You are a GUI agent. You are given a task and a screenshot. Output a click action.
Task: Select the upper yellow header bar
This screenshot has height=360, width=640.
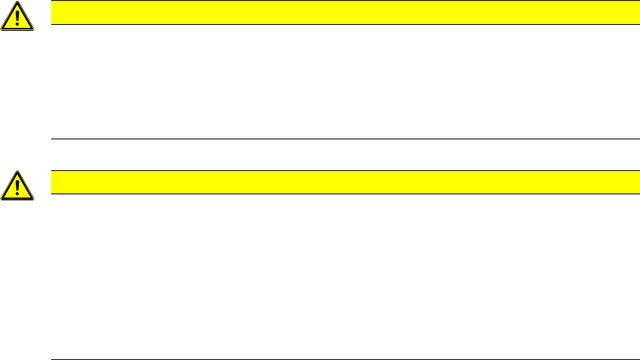click(x=339, y=13)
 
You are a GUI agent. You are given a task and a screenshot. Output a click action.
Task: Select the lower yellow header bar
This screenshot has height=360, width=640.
click(x=339, y=182)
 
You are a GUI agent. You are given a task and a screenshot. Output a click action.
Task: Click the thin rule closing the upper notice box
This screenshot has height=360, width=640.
click(x=339, y=139)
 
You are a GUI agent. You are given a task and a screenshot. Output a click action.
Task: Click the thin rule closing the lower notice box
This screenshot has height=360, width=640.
click(x=339, y=359)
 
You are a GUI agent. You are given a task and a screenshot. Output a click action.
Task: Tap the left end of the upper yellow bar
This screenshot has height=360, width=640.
click(x=53, y=13)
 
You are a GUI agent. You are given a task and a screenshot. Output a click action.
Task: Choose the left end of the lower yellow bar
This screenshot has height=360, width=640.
click(x=53, y=182)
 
